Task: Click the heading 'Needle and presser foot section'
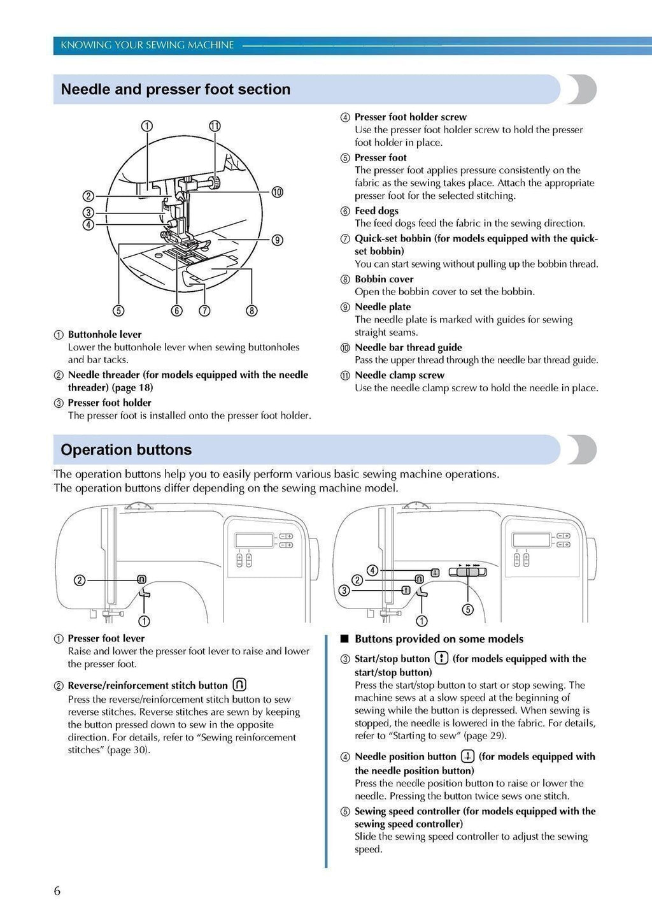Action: [175, 90]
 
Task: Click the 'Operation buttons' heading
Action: [126, 450]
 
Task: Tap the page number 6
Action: [57, 891]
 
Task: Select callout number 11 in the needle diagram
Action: [215, 126]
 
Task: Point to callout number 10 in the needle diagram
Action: [277, 192]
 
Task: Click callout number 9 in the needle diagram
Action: [277, 240]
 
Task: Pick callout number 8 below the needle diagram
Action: [252, 311]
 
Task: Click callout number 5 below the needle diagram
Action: [118, 311]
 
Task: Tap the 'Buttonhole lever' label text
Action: [104, 335]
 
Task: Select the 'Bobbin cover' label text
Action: [384, 279]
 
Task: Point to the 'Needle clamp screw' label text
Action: [399, 375]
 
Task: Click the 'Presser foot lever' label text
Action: [106, 638]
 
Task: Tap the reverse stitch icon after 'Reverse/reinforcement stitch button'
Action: [239, 685]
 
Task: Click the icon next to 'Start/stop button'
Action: [441, 658]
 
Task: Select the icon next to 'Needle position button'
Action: [468, 756]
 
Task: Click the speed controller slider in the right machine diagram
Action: [467, 572]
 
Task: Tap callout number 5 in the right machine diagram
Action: [468, 610]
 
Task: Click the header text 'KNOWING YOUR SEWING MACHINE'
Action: [147, 45]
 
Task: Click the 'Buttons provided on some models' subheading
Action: [439, 639]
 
